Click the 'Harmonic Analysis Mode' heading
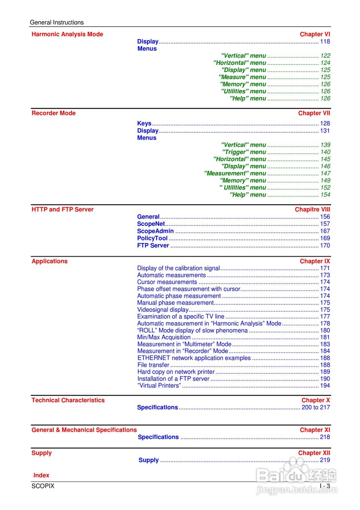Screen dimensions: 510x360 tap(67, 34)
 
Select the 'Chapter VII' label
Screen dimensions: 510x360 tap(314, 113)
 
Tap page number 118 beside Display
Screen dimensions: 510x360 tap(325, 41)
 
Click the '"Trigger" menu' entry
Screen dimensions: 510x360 tap(244, 152)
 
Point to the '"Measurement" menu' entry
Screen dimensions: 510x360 tap(235, 173)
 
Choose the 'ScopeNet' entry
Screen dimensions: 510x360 tap(151, 224)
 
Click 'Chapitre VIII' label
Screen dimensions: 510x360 tap(312, 210)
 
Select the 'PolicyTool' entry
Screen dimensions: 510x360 tap(152, 238)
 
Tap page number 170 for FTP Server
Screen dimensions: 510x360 tap(325, 245)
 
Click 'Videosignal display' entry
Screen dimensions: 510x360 tap(162, 310)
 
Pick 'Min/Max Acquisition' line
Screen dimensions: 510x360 tap(164, 337)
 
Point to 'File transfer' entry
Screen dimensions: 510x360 tap(153, 365)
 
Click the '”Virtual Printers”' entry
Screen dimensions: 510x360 tap(159, 385)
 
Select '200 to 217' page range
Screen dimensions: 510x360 tap(315, 407)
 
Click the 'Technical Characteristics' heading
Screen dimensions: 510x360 tap(68, 400)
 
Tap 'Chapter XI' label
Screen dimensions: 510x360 tap(315, 430)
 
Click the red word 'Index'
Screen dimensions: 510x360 tap(41, 475)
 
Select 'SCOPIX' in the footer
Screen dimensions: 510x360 tap(43, 486)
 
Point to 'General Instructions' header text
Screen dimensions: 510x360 tap(57, 22)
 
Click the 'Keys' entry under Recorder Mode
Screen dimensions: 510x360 tap(144, 124)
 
